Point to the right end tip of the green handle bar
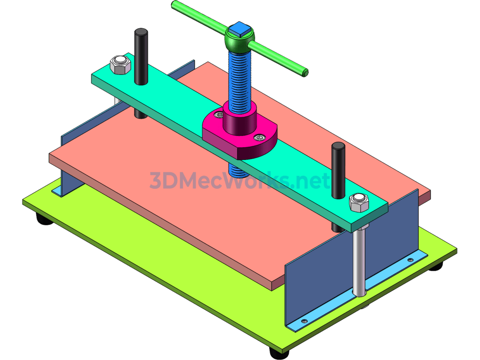click(x=305, y=72)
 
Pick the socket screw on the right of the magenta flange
click(x=259, y=137)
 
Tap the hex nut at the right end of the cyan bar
click(x=360, y=202)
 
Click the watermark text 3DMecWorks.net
click(x=240, y=180)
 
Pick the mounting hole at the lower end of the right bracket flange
click(x=304, y=321)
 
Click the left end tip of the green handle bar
click(x=175, y=4)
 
